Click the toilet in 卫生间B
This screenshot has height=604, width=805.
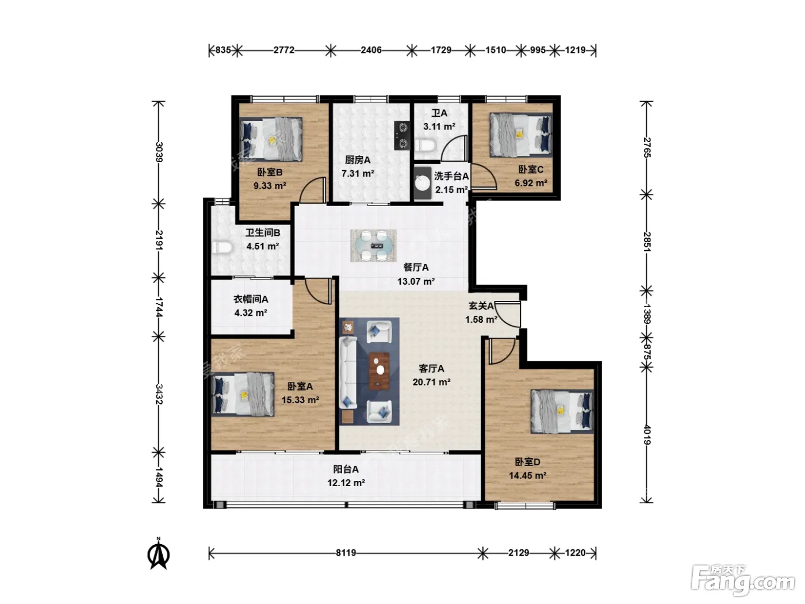pos(221,247)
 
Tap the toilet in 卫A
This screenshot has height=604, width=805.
pos(425,145)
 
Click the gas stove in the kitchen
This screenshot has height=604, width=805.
pos(402,135)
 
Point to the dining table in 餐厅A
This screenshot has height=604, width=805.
pos(374,246)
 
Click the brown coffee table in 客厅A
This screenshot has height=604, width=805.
pos(379,371)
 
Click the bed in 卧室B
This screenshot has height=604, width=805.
pos(271,139)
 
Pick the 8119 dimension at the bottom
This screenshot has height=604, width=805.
pos(346,552)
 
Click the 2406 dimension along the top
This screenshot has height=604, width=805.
pos(371,50)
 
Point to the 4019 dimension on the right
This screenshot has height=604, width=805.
pos(647,434)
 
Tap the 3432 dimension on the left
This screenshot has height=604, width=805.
pos(159,394)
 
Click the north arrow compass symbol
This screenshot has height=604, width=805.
pos(159,554)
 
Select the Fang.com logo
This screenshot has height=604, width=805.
pos(743,579)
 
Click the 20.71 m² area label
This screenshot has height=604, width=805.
pos(431,382)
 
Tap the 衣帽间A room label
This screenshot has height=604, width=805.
pos(251,299)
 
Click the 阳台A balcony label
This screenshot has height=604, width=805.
pos(346,469)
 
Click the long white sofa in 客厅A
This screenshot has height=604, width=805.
pos(348,373)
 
